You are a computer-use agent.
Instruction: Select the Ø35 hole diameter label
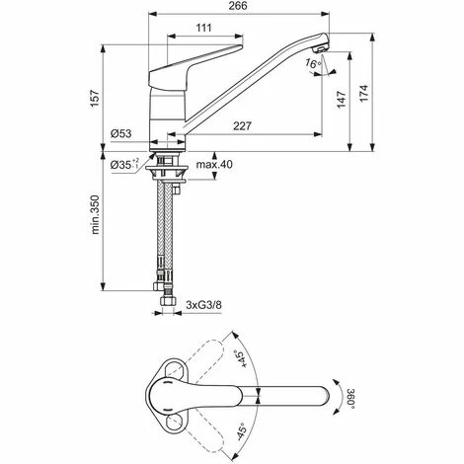click(123, 164)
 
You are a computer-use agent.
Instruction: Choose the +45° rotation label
click(241, 361)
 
